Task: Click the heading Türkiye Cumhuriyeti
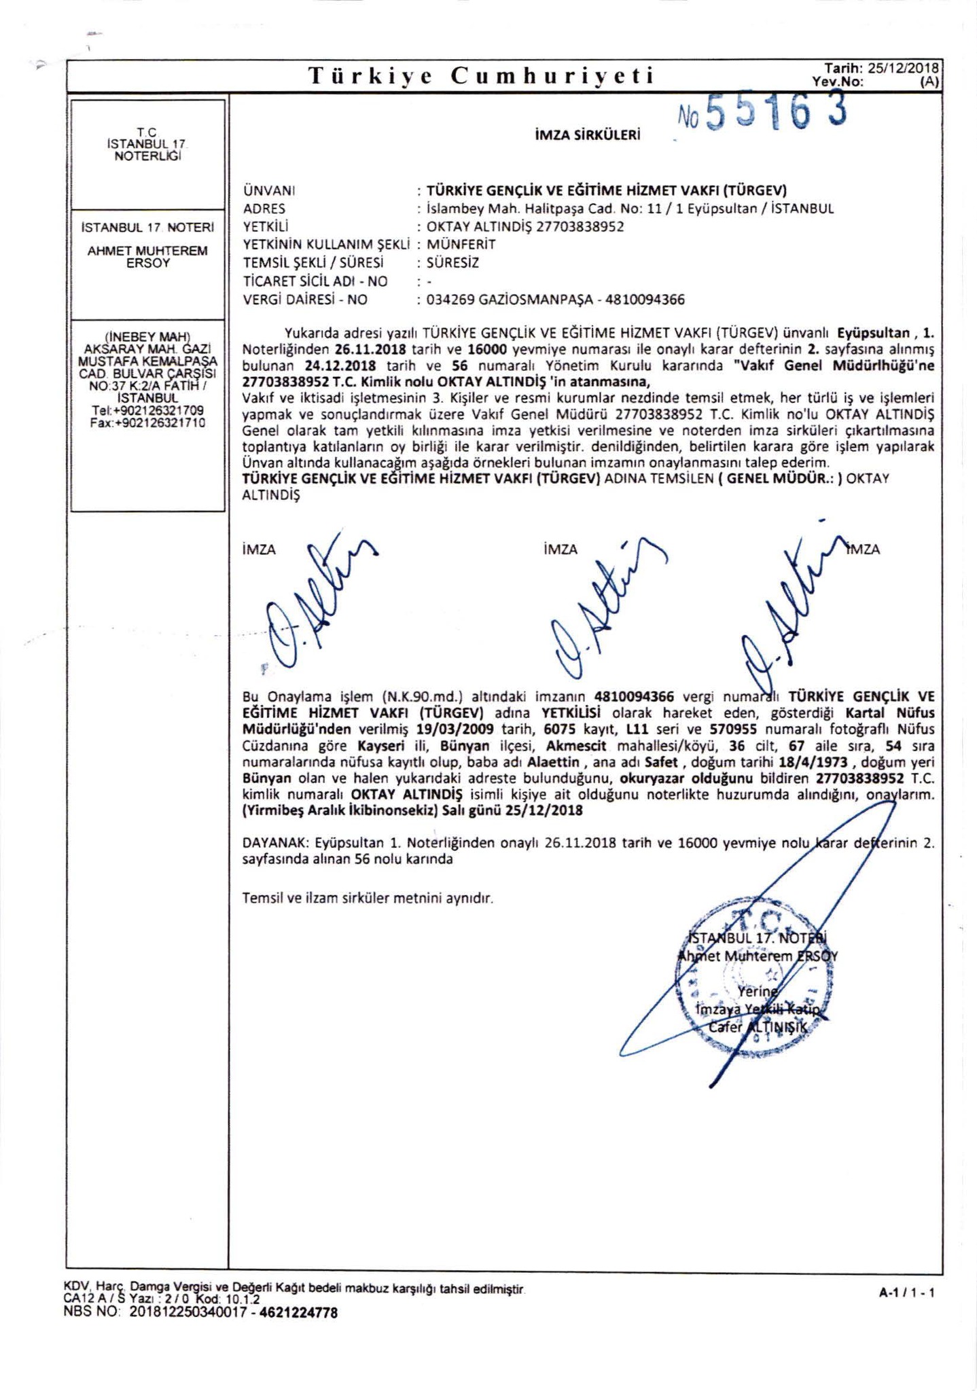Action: tap(481, 76)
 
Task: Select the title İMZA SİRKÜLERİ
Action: tap(588, 135)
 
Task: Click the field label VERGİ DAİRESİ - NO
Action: tap(305, 300)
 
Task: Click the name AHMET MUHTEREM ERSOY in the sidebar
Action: tap(147, 257)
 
